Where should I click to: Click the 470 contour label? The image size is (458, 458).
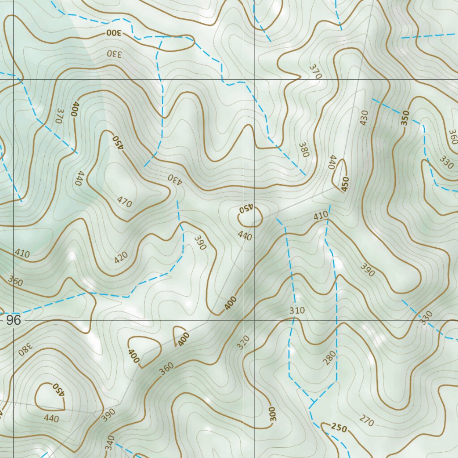pyautogui.click(x=124, y=203)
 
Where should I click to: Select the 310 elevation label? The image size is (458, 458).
pyautogui.click(x=297, y=310)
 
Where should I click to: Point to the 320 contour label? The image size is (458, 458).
pyautogui.click(x=243, y=343)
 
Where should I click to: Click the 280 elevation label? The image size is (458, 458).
pyautogui.click(x=330, y=358)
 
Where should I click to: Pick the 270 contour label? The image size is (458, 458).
pyautogui.click(x=366, y=420)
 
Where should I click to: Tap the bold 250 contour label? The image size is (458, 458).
pyautogui.click(x=339, y=428)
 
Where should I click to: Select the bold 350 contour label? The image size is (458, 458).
pyautogui.click(x=405, y=118)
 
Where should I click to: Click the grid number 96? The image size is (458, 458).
pyautogui.click(x=13, y=320)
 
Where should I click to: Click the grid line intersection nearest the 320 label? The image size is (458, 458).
pyautogui.click(x=254, y=320)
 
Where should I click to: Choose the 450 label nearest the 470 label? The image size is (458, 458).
pyautogui.click(x=117, y=142)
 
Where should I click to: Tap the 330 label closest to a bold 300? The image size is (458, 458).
pyautogui.click(x=114, y=53)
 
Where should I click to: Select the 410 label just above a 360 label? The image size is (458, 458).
pyautogui.click(x=22, y=254)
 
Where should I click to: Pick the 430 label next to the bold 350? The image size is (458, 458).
pyautogui.click(x=363, y=117)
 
